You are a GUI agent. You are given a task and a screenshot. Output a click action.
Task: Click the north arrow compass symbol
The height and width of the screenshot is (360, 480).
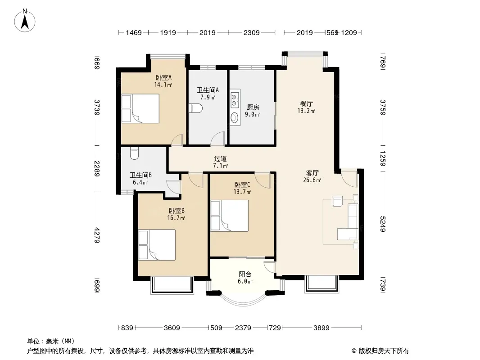[25, 21]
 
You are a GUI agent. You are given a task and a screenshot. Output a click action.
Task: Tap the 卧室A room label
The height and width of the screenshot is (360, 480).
[163, 78]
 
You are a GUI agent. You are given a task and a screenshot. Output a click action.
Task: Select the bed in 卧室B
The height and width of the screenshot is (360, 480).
[157, 245]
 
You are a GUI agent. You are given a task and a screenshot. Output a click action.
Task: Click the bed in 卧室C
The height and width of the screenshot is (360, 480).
[229, 216]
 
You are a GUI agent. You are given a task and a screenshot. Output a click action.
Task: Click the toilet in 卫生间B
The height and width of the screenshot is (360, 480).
[135, 153]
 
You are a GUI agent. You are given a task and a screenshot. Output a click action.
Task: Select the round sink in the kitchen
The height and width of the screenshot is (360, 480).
[235, 117]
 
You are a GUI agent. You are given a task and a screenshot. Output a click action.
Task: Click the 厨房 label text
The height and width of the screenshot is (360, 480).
[253, 108]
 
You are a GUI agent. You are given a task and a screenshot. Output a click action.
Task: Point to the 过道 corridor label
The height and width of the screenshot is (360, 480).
[220, 159]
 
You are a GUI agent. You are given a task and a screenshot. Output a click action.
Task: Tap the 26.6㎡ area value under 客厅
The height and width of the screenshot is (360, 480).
[312, 180]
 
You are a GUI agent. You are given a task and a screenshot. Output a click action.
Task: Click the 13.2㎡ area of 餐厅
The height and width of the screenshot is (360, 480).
[306, 111]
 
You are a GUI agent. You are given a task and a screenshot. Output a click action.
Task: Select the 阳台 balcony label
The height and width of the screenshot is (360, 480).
[245, 274]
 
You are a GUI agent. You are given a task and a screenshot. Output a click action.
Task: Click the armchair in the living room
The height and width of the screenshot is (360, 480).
[337, 201]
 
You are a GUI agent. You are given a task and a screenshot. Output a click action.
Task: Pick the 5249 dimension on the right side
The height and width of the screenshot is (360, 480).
[383, 224]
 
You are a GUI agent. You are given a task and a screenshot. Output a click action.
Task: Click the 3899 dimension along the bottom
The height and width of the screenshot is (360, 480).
[322, 328]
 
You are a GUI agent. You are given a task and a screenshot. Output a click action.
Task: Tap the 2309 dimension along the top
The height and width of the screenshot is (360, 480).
[252, 32]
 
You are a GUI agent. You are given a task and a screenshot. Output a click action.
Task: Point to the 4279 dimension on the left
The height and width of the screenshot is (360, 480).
[97, 235]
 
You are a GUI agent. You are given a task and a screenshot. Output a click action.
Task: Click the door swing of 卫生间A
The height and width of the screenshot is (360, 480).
[218, 138]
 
